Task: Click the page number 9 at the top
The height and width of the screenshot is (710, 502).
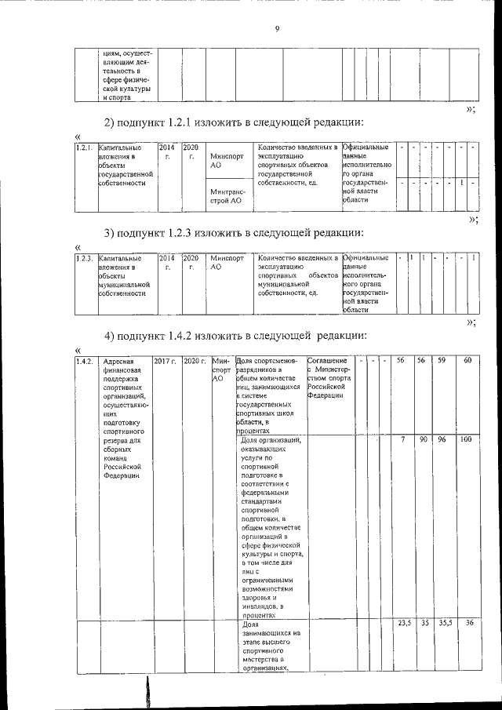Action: (278, 30)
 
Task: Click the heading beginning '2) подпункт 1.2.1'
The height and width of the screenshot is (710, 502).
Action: (234, 122)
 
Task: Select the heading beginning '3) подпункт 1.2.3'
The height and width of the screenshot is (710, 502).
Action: (234, 233)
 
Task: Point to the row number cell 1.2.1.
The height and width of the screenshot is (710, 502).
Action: (85, 147)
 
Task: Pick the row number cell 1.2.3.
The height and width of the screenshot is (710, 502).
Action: (85, 258)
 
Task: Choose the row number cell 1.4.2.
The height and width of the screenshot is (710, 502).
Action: (85, 361)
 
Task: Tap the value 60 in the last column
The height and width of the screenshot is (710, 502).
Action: (467, 360)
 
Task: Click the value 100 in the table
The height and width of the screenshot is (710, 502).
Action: (466, 440)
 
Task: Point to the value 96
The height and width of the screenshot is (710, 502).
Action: (442, 440)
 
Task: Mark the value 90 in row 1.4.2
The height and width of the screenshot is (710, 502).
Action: (422, 440)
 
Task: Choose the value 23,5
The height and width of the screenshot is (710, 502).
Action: (403, 623)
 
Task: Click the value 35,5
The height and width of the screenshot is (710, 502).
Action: (442, 623)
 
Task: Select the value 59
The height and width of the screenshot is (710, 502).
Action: (442, 360)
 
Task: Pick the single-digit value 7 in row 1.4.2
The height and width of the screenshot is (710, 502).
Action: (402, 440)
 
